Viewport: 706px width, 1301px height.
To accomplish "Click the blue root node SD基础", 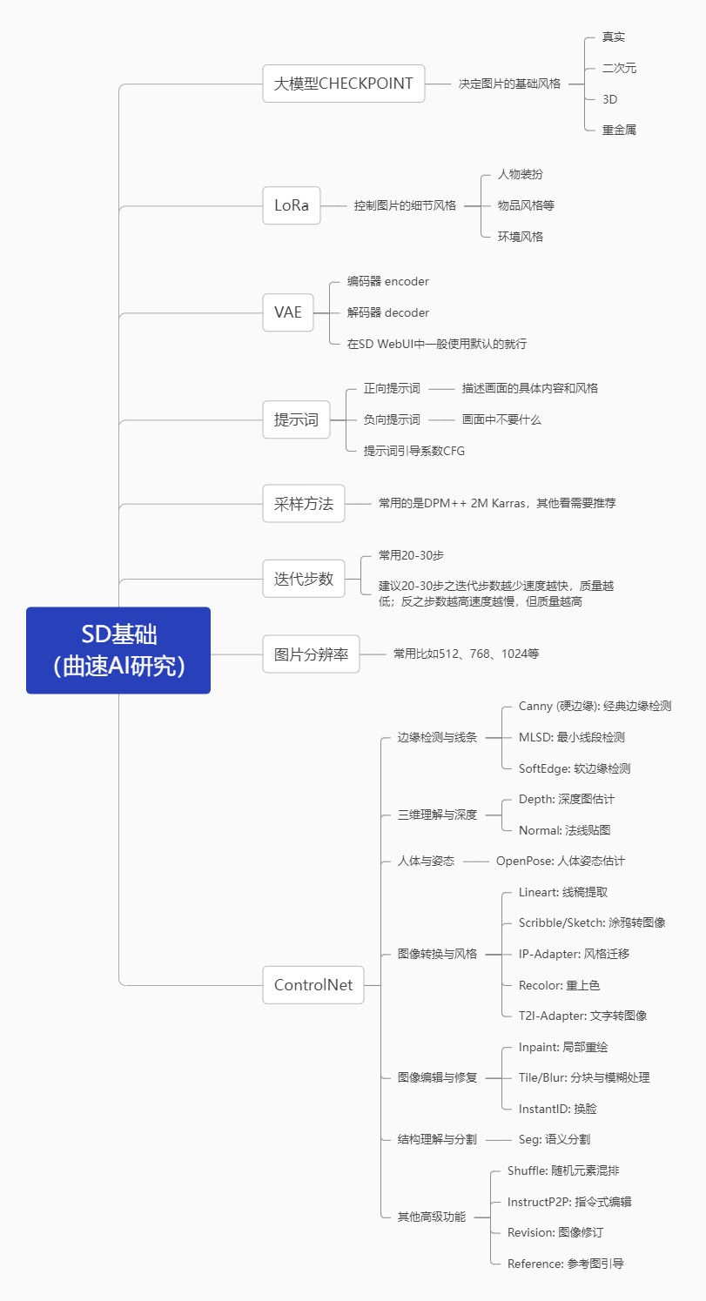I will tap(118, 650).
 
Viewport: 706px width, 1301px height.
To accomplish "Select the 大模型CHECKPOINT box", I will tap(344, 84).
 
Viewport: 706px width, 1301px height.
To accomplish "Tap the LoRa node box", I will tap(292, 206).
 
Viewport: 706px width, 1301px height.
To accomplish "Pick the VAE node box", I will tap(288, 312).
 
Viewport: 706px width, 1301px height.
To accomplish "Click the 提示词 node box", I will tap(296, 420).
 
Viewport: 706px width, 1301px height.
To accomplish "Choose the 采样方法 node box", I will tap(304, 503).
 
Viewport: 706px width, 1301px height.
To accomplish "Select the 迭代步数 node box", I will tap(304, 579).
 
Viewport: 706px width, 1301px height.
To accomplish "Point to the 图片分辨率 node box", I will tap(311, 654).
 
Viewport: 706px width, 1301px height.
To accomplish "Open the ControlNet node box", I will tap(313, 985).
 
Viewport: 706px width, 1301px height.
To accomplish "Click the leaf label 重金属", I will tap(619, 130).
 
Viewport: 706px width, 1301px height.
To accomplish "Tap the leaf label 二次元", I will tap(619, 68).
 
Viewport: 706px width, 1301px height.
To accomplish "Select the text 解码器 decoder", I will tap(387, 312).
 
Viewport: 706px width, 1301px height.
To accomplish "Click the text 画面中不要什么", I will tap(501, 419).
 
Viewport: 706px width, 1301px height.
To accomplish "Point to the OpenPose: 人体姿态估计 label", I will tap(560, 861).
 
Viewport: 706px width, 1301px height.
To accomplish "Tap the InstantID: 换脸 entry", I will tap(557, 1109).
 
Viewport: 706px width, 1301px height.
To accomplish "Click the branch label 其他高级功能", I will tap(431, 1217).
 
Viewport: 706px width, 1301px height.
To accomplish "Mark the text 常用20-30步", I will tap(411, 555).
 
